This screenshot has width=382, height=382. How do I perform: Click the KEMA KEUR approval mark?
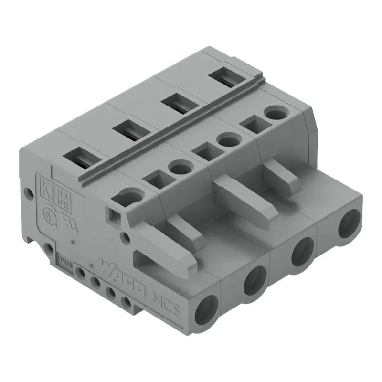click(49, 190)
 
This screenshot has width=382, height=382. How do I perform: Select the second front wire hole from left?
click(255, 280)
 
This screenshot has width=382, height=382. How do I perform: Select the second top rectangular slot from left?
click(128, 130)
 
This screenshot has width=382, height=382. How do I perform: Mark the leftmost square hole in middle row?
click(154, 180)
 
